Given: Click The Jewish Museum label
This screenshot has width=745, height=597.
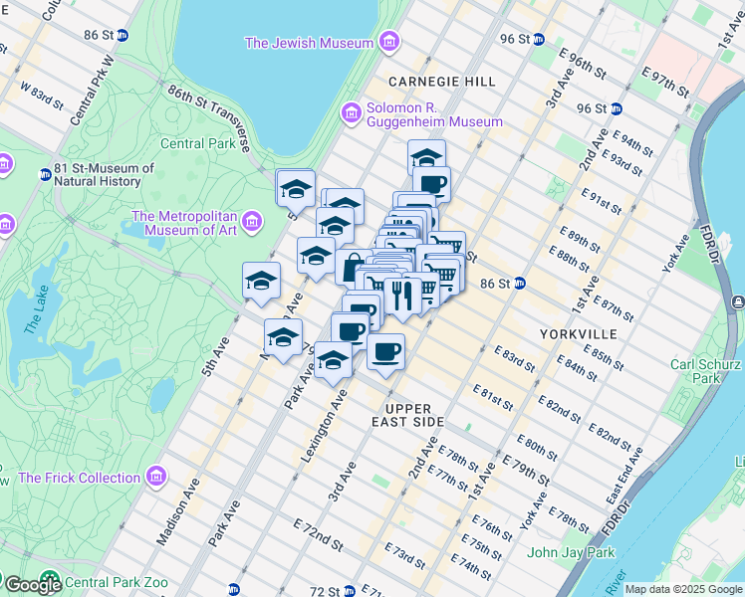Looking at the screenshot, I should pos(309,43).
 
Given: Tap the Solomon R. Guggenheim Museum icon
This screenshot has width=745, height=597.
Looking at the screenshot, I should pos(351,113).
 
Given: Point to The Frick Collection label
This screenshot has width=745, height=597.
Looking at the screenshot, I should pos(82,478).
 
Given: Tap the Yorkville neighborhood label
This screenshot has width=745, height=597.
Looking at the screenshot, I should pos(578,333).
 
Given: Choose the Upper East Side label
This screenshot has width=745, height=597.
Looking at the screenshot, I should pos(414,415).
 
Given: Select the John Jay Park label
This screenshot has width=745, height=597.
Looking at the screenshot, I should pos(572,552).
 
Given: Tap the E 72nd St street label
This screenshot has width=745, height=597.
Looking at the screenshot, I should pos(318,534).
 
